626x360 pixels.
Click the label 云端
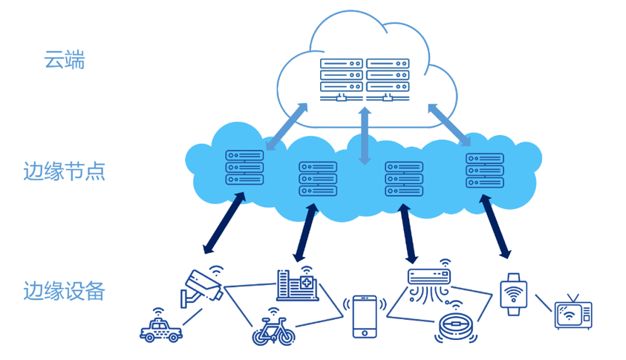[x=65, y=59]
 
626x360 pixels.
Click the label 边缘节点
[x=64, y=171]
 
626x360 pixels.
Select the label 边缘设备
[x=64, y=290]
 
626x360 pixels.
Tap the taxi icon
[x=160, y=327]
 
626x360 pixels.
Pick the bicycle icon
[x=273, y=330]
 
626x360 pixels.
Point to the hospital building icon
[x=297, y=285]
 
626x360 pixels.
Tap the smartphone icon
[x=364, y=316]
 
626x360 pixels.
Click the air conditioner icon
[x=429, y=283]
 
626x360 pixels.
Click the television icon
[x=573, y=312]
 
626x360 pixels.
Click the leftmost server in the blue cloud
[x=244, y=167]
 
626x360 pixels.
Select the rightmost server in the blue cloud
[x=485, y=170]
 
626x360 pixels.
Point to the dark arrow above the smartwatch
[x=495, y=226]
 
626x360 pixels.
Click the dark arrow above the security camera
[x=224, y=223]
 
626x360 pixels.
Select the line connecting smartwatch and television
[x=543, y=304]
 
